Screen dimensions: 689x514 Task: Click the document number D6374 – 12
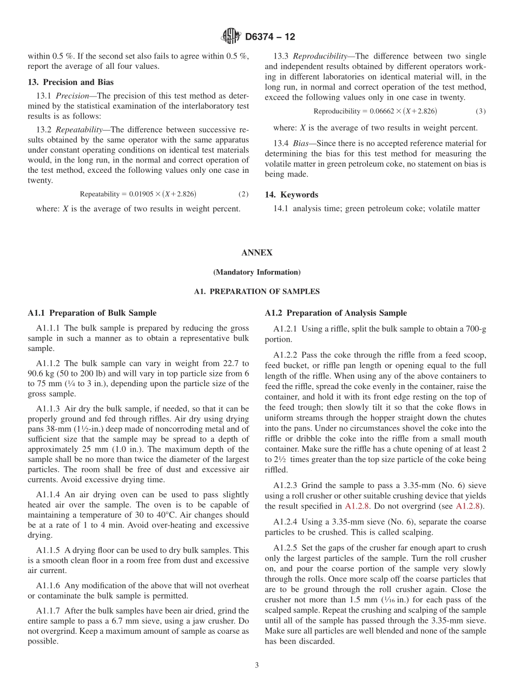pos(270,37)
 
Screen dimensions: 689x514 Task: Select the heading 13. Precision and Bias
pos(71,82)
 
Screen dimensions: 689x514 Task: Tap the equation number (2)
pos(243,194)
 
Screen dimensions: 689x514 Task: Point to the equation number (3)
pos(480,111)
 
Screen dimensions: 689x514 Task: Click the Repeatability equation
pos(137,194)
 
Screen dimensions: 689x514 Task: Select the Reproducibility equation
pos(375,111)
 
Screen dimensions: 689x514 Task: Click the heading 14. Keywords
pos(292,194)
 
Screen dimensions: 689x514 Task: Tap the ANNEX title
pos(257,252)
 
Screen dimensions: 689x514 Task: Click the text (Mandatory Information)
pos(257,272)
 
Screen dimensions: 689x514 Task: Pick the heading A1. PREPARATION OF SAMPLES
pos(257,291)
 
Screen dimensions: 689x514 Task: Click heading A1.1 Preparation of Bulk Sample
pos(92,313)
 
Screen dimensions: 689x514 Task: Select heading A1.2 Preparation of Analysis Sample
pos(336,313)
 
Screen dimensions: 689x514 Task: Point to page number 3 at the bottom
pos(257,665)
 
